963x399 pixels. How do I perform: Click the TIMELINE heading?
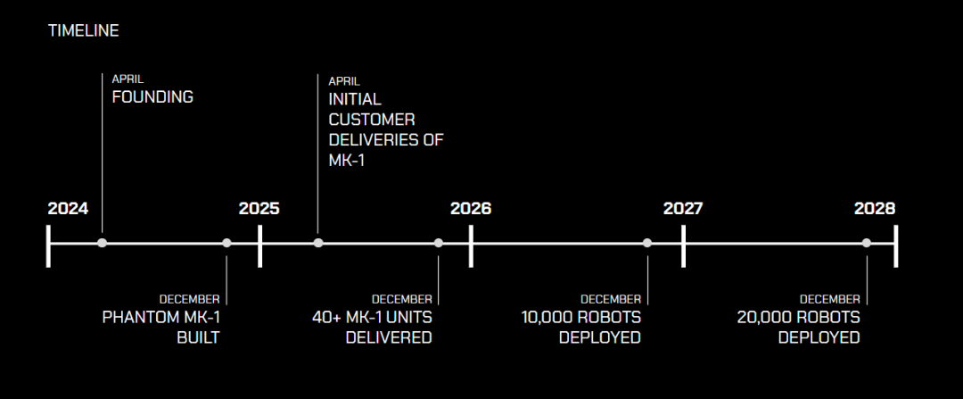click(83, 31)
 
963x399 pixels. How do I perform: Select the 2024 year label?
click(68, 209)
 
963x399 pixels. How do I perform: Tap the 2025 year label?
click(259, 209)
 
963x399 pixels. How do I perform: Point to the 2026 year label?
click(470, 209)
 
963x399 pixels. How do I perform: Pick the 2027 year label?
click(683, 209)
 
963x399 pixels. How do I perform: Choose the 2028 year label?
click(874, 209)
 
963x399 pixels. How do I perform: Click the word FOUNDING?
click(152, 97)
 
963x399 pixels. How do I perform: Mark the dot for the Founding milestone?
click(103, 243)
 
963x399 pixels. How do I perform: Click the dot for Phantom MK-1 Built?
click(226, 243)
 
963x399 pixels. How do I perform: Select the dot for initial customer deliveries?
click(318, 243)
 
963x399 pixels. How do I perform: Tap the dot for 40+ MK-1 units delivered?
click(439, 243)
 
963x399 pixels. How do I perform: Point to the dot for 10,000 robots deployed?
click(647, 243)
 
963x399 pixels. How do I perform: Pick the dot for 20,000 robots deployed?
click(866, 243)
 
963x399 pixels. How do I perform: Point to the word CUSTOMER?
click(372, 119)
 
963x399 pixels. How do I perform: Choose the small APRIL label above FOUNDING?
click(128, 79)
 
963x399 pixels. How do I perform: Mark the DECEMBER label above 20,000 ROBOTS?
click(829, 299)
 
